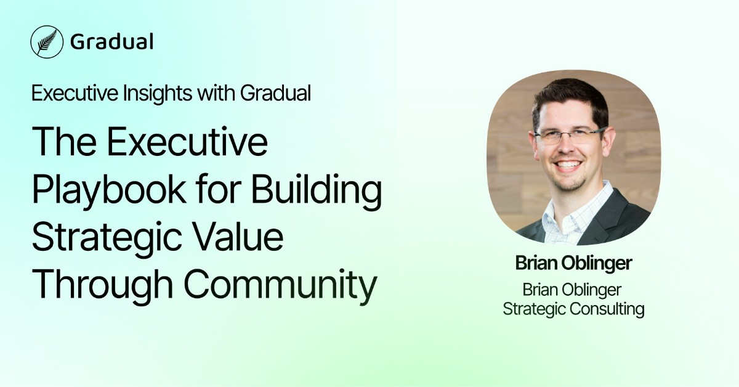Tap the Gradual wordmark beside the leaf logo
pyautogui.click(x=111, y=42)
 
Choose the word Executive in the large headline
pyautogui.click(x=189, y=142)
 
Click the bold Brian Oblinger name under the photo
pyautogui.click(x=574, y=264)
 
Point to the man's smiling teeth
pyautogui.click(x=570, y=165)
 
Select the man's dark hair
pyautogui.click(x=570, y=99)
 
